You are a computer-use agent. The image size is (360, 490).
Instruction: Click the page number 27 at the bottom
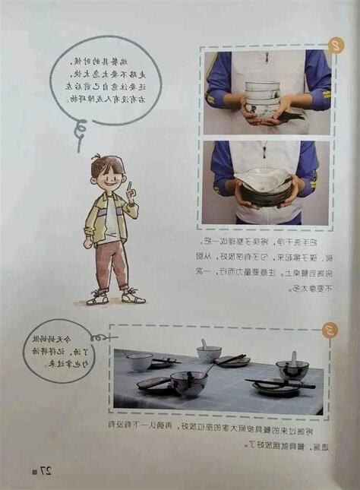coord(45,470)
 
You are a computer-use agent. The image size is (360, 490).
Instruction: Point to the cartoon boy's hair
coord(106,163)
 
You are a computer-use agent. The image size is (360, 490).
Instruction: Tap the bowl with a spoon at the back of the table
coord(208,352)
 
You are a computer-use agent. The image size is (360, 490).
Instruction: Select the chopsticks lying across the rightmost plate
coord(280,384)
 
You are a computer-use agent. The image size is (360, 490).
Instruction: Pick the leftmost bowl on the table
coord(140,362)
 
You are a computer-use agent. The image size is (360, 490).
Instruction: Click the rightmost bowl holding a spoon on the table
coord(292,369)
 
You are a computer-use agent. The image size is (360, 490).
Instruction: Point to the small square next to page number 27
coord(33,472)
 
